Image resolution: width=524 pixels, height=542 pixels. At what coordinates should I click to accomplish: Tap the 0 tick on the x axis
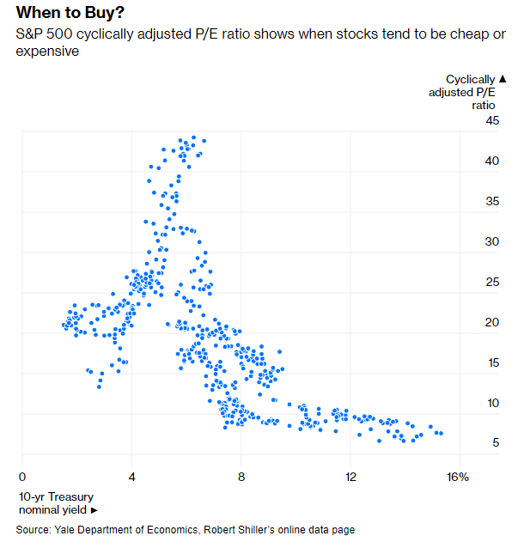coord(22,477)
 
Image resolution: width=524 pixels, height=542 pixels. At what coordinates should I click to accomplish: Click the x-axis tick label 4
coord(132,477)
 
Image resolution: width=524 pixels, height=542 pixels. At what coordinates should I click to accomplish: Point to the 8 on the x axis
coord(241,477)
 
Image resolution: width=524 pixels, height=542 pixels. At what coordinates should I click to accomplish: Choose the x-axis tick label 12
coord(350,477)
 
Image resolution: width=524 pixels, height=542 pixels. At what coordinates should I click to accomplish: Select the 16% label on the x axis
coord(458,477)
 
